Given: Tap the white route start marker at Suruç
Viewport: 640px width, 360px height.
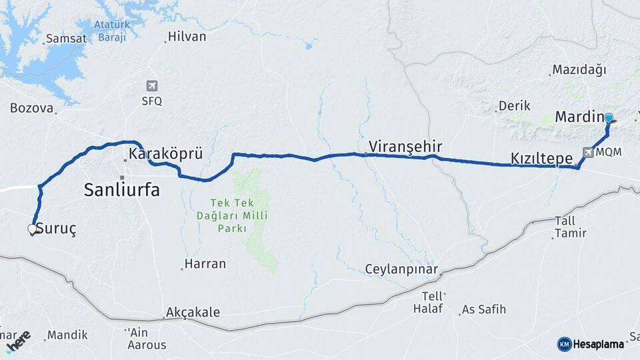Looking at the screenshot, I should click(x=32, y=229).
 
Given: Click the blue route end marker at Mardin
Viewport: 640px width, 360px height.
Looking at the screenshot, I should click(x=609, y=117).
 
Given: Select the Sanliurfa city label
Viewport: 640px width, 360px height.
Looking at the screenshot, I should click(x=121, y=190).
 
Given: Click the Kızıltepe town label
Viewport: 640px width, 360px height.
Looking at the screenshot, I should click(x=541, y=159).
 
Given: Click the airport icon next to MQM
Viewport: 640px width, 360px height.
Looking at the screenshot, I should click(x=587, y=152).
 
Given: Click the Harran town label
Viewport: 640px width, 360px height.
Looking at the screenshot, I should click(x=205, y=263).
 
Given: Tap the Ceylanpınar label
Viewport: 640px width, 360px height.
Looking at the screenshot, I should click(x=401, y=269).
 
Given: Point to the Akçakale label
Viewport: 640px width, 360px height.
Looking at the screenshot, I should click(x=193, y=312).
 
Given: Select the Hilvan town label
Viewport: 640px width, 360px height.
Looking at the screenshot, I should click(x=187, y=37).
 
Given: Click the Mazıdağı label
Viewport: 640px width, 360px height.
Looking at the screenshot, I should click(x=579, y=70).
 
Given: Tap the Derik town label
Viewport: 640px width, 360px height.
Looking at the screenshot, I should click(x=514, y=105).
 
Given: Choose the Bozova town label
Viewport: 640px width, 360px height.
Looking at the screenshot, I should click(x=31, y=107).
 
